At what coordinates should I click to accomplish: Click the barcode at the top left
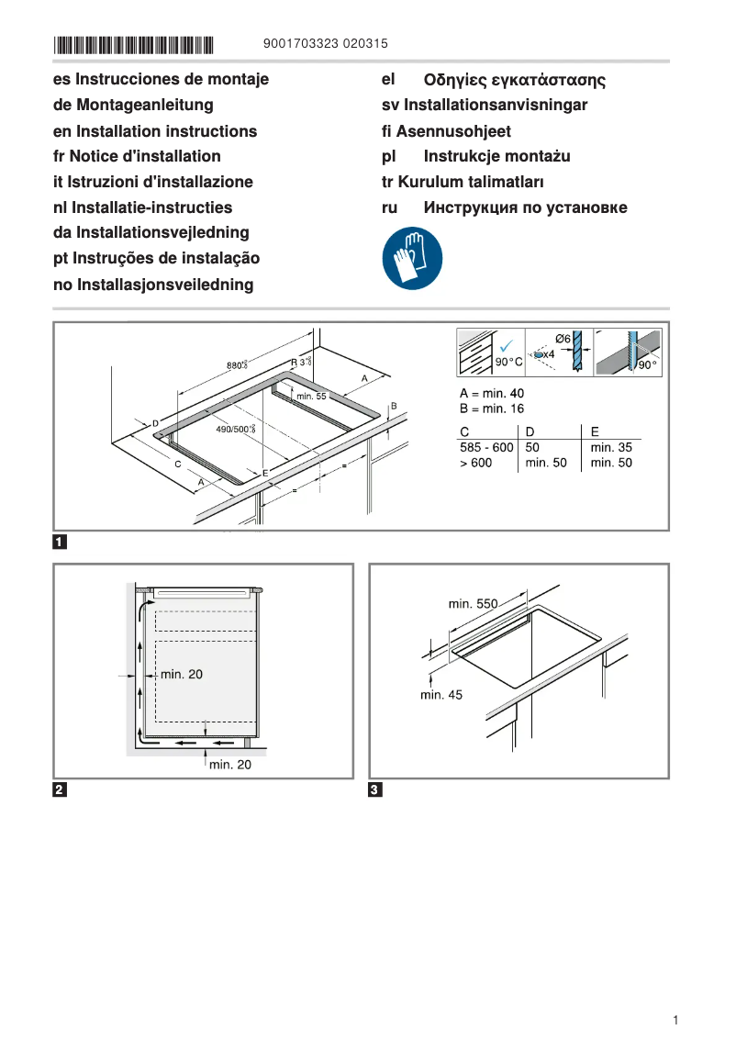click(133, 43)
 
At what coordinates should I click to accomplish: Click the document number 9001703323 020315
click(326, 43)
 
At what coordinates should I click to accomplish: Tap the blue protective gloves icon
click(412, 259)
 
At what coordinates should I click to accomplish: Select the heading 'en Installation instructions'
click(155, 131)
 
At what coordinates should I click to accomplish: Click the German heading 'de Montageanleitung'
click(133, 106)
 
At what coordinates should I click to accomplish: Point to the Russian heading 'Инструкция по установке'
click(525, 207)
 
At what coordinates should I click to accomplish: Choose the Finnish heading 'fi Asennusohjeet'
click(446, 131)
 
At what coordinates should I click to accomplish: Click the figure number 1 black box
click(60, 542)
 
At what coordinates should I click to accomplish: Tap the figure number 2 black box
click(60, 789)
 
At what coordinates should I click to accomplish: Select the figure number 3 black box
click(375, 789)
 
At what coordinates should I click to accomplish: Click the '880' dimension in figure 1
click(236, 365)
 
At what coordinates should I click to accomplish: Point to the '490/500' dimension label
click(234, 430)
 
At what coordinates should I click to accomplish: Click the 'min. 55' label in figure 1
click(310, 396)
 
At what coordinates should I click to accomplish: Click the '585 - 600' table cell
click(486, 447)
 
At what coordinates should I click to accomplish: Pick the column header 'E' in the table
click(595, 431)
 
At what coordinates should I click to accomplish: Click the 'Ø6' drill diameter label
click(563, 339)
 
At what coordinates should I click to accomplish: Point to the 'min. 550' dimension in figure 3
click(473, 604)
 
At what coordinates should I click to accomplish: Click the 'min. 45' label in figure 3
click(441, 695)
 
